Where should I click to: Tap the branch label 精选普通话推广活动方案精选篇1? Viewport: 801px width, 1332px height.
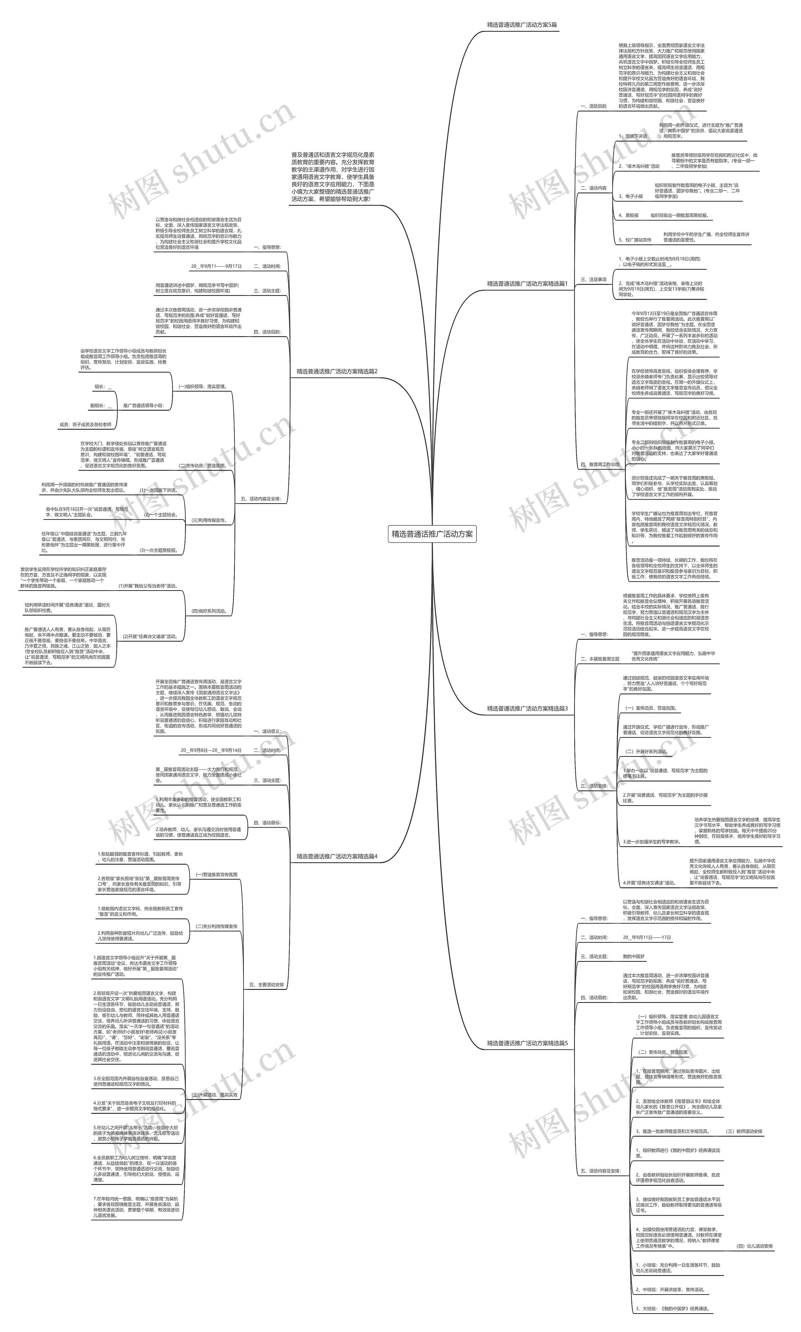(527, 284)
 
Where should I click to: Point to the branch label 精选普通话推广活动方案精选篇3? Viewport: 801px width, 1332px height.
(527, 708)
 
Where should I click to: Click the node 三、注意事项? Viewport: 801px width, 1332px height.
(593, 280)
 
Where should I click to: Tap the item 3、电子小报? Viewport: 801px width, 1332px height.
(630, 197)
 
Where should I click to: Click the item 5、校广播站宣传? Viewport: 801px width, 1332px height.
(635, 240)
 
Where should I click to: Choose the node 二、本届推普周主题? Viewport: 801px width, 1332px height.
(600, 659)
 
